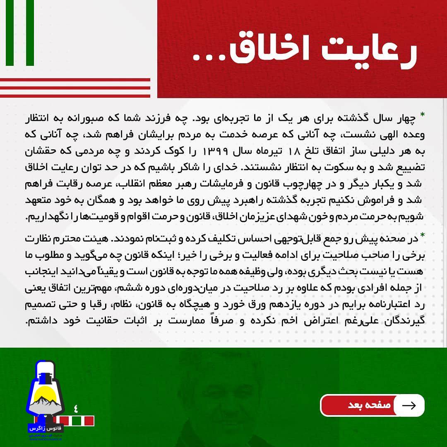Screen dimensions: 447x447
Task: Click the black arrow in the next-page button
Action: [x=409, y=405]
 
